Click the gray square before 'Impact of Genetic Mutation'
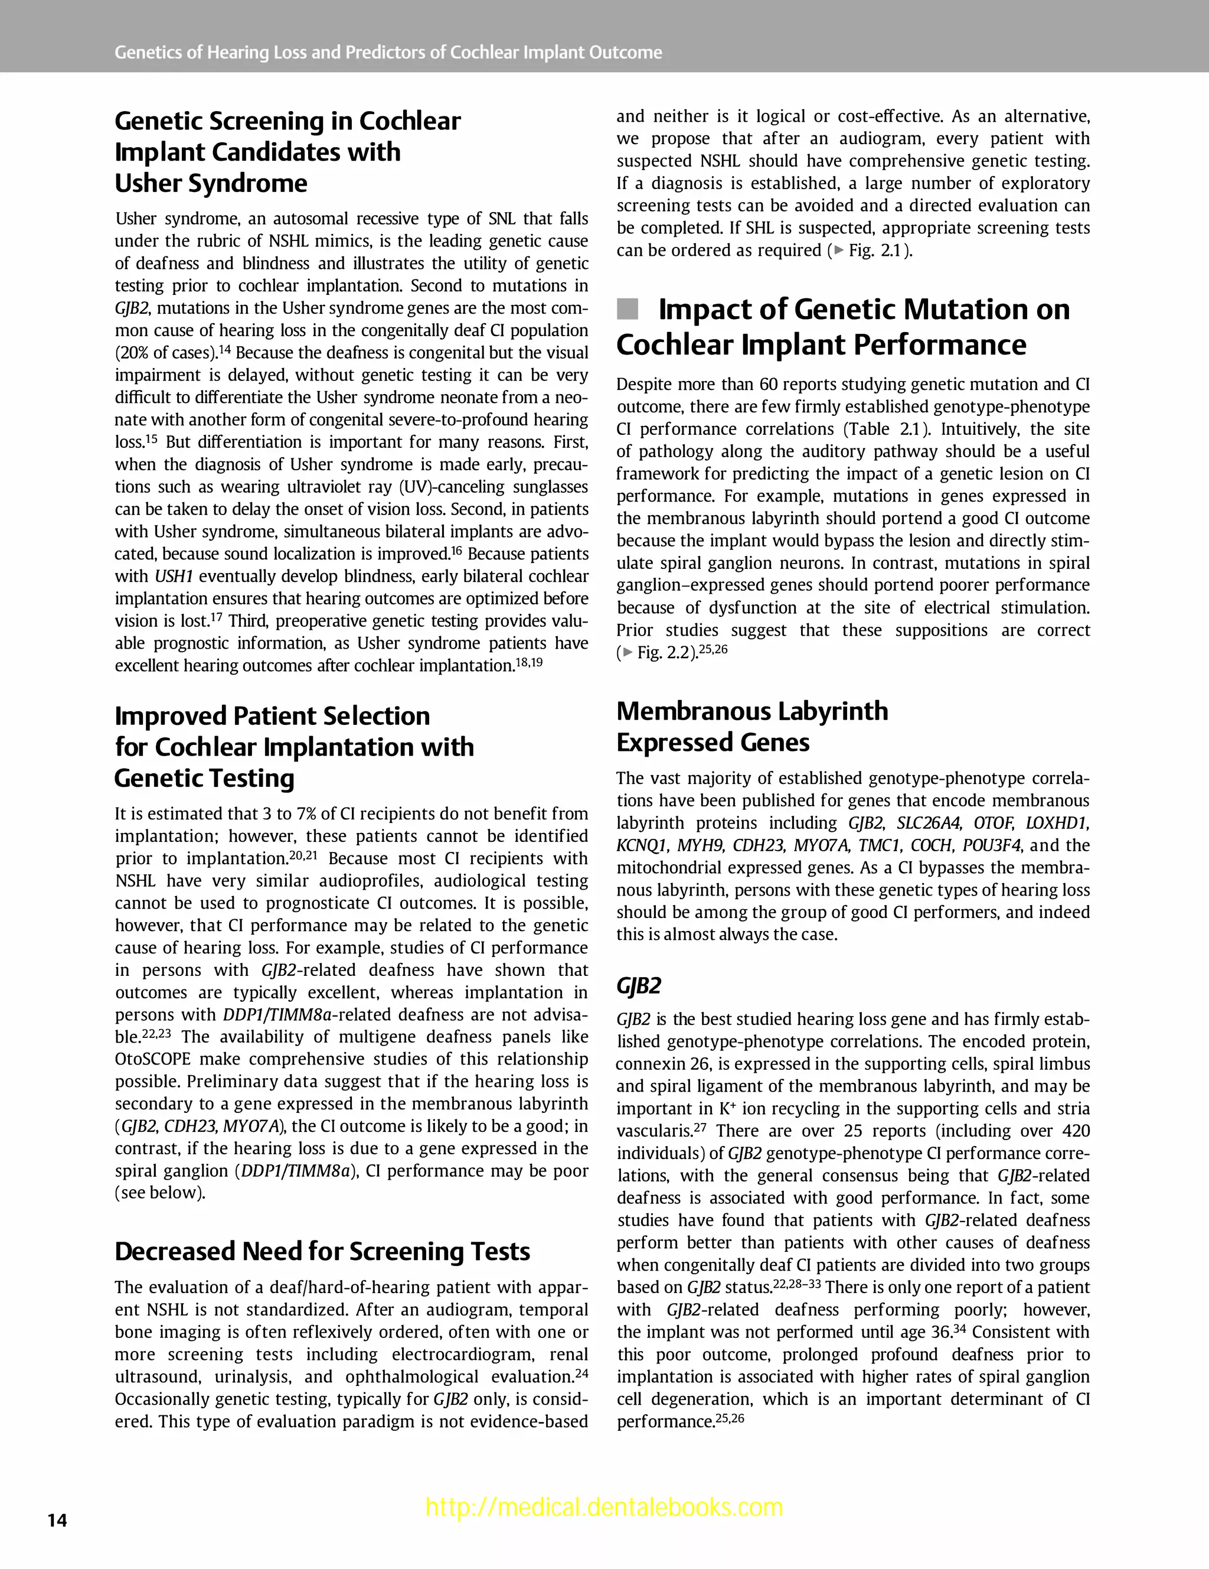click(x=628, y=310)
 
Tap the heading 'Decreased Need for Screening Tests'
click(x=322, y=1251)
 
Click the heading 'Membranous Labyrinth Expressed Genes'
click(x=751, y=725)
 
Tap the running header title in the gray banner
click(x=388, y=53)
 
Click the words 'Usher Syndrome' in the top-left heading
click(x=211, y=183)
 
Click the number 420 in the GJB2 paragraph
click(x=1076, y=1131)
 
